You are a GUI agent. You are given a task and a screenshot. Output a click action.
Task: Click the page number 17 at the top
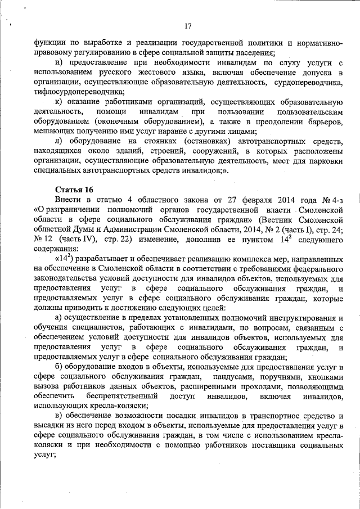pyautogui.click(x=188, y=25)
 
